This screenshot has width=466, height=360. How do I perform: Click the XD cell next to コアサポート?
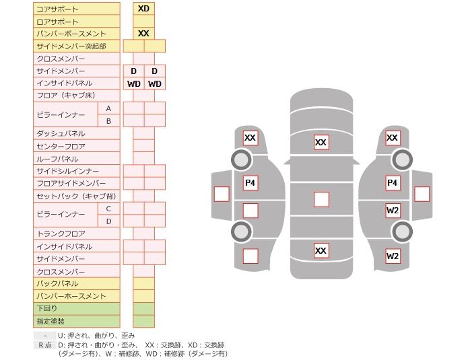click(143, 9)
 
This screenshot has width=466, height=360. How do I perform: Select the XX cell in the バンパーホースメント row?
click(143, 34)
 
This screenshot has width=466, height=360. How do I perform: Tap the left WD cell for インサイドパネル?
click(133, 84)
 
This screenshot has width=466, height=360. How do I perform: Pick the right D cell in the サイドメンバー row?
click(154, 71)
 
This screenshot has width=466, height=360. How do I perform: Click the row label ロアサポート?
click(57, 22)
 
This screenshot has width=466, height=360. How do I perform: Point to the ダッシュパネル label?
click(61, 134)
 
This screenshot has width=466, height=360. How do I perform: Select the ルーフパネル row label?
click(57, 159)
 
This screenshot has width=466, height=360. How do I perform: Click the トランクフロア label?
click(61, 234)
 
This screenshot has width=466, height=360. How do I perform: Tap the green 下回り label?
click(47, 309)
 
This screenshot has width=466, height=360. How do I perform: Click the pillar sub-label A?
click(108, 108)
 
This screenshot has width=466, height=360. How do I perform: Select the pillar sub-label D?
click(108, 221)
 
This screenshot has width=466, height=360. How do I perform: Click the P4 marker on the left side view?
click(251, 183)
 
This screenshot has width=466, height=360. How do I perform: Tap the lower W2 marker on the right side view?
click(393, 256)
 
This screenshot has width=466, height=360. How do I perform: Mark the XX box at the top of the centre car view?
click(321, 143)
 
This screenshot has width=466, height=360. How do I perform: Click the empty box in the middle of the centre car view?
click(321, 199)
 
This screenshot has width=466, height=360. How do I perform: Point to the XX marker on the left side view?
click(251, 139)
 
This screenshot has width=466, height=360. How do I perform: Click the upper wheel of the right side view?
click(402, 160)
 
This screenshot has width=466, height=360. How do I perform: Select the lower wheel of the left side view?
click(241, 232)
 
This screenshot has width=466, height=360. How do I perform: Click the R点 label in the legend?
click(44, 345)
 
